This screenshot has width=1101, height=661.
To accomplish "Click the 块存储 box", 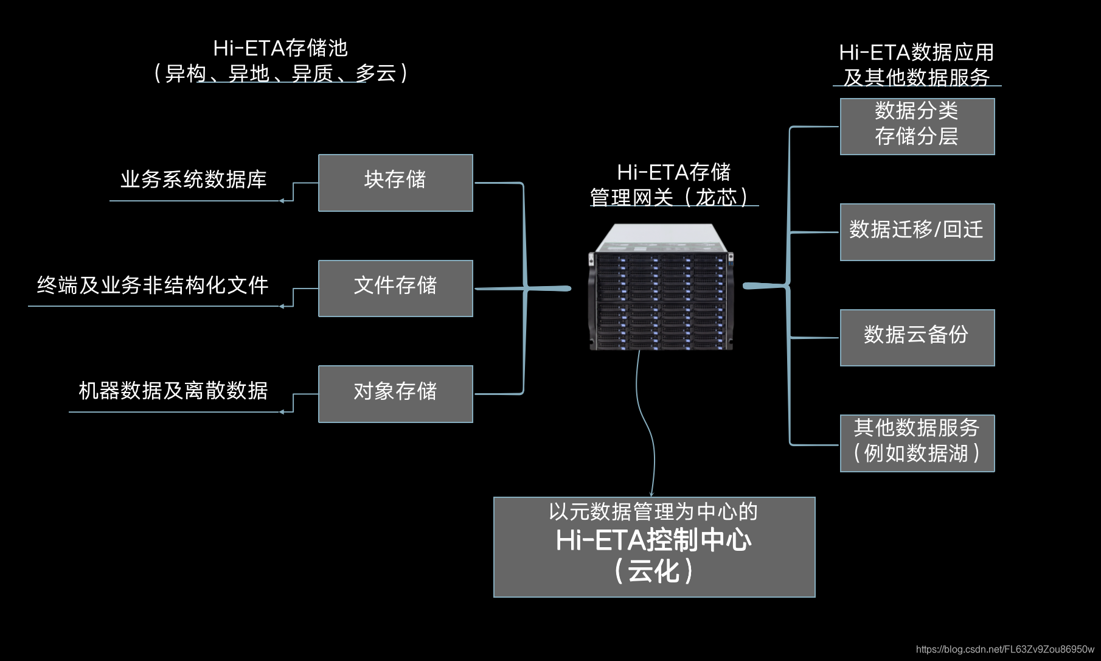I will pos(395,183).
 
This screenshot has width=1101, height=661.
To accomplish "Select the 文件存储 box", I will pos(395,289).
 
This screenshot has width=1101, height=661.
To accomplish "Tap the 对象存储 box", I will pos(395,394).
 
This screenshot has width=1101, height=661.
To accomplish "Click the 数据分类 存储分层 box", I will pos(917,127).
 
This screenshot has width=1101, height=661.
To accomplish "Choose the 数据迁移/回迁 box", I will pos(917,232).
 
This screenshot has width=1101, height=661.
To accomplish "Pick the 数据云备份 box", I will pos(917,338).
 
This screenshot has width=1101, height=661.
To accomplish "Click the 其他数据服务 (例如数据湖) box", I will pos(917,443).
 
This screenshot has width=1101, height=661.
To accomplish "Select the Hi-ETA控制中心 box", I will pos(654,547).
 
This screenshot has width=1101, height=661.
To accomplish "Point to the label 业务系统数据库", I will pos(193,180).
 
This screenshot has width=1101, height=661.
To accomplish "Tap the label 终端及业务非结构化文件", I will pos(153,285).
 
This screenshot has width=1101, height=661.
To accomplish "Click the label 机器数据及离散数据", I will pos(173,391).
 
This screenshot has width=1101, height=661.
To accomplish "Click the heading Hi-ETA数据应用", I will pos(916,53).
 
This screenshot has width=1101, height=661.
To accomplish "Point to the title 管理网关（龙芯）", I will pos(669,197).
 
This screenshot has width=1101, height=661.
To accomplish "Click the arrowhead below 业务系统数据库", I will pos(282,200).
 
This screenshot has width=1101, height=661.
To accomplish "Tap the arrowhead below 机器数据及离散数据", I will pos(282,412).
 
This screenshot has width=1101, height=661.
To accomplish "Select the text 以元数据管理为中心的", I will pos(653,512).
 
